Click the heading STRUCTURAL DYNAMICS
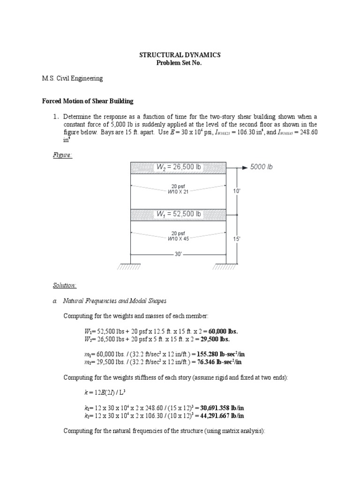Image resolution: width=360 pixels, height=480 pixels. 180,55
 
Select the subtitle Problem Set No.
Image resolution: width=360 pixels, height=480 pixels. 180,63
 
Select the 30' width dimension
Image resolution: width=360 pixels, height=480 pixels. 178,255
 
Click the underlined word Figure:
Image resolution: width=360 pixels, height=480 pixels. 62,155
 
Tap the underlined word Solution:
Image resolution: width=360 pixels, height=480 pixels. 64,285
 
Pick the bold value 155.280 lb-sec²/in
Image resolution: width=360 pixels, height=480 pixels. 219,355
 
